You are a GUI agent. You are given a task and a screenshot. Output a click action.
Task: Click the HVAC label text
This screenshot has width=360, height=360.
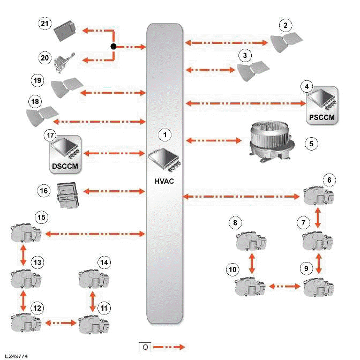(166, 181)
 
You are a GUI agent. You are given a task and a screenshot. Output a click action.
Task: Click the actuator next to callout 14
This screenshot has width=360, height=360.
(94, 279)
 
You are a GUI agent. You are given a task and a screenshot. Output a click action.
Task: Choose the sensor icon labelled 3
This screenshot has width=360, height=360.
(254, 71)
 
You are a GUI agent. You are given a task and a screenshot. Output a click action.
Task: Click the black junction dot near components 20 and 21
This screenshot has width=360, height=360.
(114, 47)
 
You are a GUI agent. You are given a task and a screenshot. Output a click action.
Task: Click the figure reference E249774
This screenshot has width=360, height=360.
(17, 356)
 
